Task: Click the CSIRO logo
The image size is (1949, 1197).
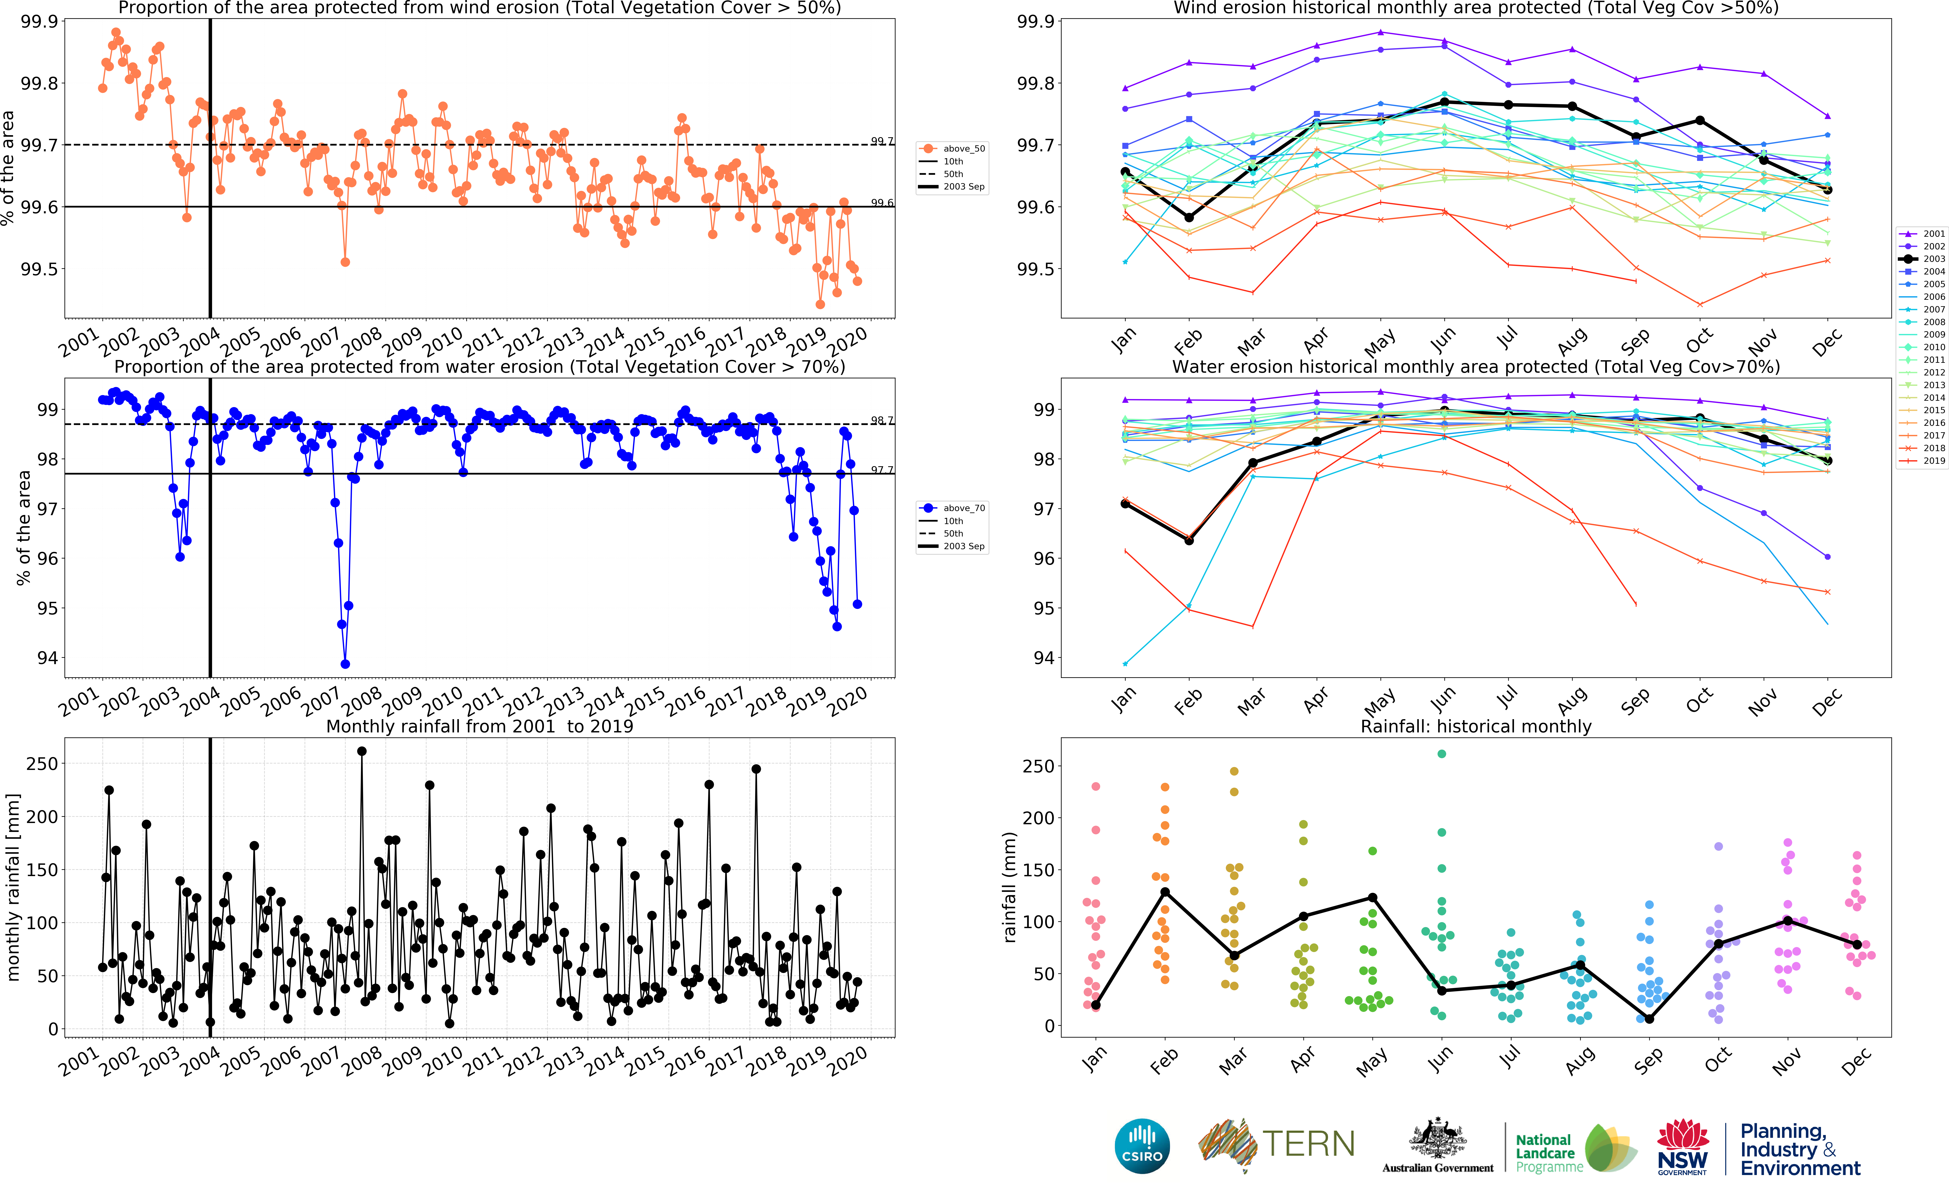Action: pos(1142,1146)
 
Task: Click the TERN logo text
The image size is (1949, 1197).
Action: pos(1308,1145)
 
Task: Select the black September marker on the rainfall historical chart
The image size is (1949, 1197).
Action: pos(1649,1019)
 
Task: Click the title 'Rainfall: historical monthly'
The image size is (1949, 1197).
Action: pos(1475,726)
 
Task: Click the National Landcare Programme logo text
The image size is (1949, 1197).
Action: pos(1548,1153)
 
